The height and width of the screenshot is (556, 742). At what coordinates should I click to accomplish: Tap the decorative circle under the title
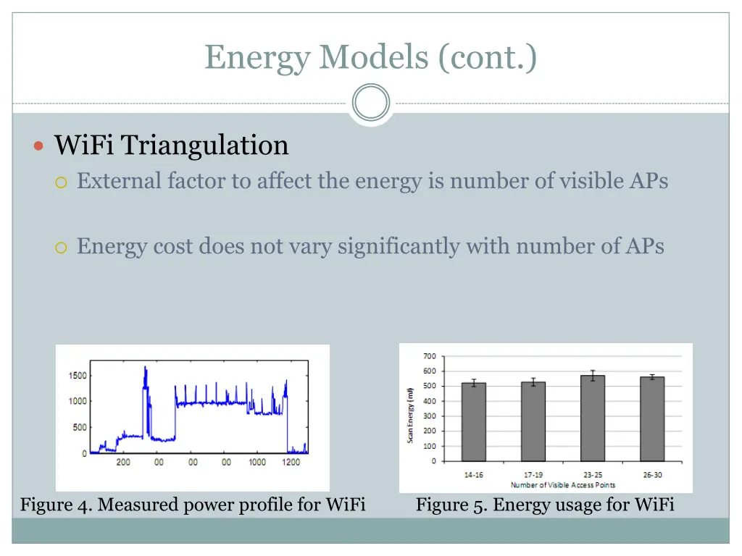pos(371,102)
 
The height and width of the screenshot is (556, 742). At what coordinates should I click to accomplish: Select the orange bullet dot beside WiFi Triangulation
pos(40,146)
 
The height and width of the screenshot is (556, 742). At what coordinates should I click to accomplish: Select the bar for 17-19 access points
pos(533,421)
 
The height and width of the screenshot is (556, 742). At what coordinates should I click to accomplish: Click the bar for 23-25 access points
pos(592,418)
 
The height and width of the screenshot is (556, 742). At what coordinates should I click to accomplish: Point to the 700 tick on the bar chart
pos(429,356)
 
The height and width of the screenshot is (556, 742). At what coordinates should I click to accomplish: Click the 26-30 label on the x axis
pos(651,475)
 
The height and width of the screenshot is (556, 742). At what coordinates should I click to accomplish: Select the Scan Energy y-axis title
pos(410,416)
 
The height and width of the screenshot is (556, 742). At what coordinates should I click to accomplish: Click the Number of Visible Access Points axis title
pos(562,484)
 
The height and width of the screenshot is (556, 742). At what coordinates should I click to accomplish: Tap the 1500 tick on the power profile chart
pos(78,375)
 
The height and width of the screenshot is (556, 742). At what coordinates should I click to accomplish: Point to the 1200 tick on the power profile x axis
pos(291,462)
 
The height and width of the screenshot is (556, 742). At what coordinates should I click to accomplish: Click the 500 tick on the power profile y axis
pos(80,427)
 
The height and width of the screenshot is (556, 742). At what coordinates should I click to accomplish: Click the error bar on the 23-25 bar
pos(592,376)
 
